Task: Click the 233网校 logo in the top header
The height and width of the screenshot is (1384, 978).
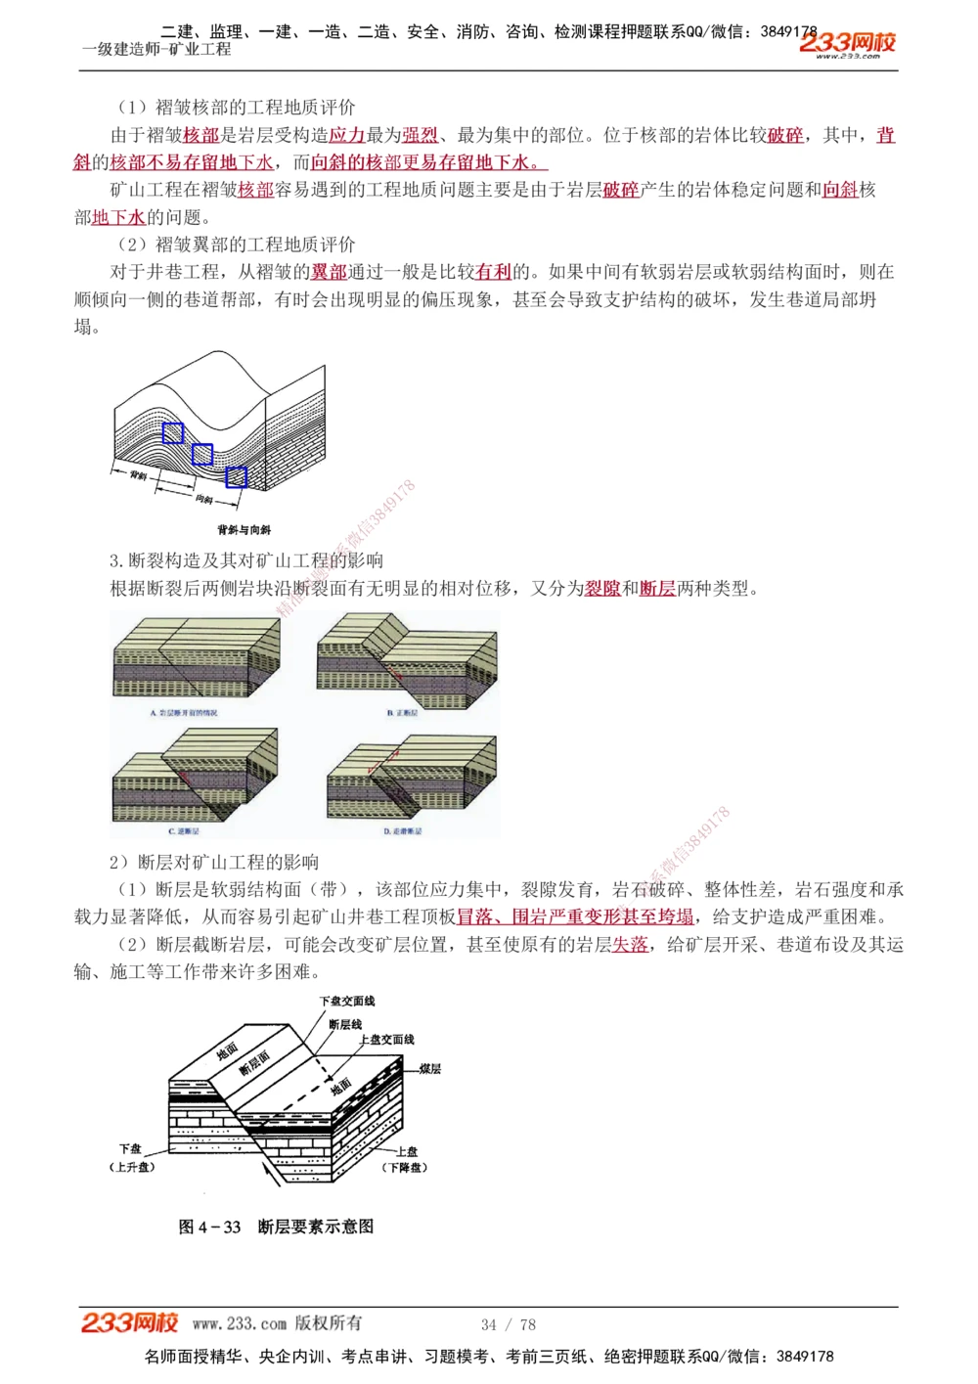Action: point(847,43)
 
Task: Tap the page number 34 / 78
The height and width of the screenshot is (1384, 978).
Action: point(509,1324)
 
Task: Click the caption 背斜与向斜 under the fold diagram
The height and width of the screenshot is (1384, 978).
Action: point(244,529)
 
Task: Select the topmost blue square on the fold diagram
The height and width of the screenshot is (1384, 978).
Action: point(173,432)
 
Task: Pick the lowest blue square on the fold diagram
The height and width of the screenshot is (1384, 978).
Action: point(236,476)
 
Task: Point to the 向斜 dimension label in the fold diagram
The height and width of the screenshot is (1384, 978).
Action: point(204,499)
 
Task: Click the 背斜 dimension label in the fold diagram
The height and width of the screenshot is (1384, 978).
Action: point(138,475)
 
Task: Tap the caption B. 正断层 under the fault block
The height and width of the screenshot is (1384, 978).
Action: point(402,713)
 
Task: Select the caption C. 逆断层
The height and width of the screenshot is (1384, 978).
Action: point(184,831)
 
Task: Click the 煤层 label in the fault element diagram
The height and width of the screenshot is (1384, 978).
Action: point(430,1068)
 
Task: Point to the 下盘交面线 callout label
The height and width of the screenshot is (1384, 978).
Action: point(347,1001)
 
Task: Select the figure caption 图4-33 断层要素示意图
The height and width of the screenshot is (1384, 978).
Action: point(276,1227)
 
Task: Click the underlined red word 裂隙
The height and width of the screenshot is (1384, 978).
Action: point(602,588)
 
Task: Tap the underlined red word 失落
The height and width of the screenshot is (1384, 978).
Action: point(630,944)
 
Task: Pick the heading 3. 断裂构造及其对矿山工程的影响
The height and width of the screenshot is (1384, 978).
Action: point(246,560)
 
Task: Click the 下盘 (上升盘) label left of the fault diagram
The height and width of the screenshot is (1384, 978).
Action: point(131,1158)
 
